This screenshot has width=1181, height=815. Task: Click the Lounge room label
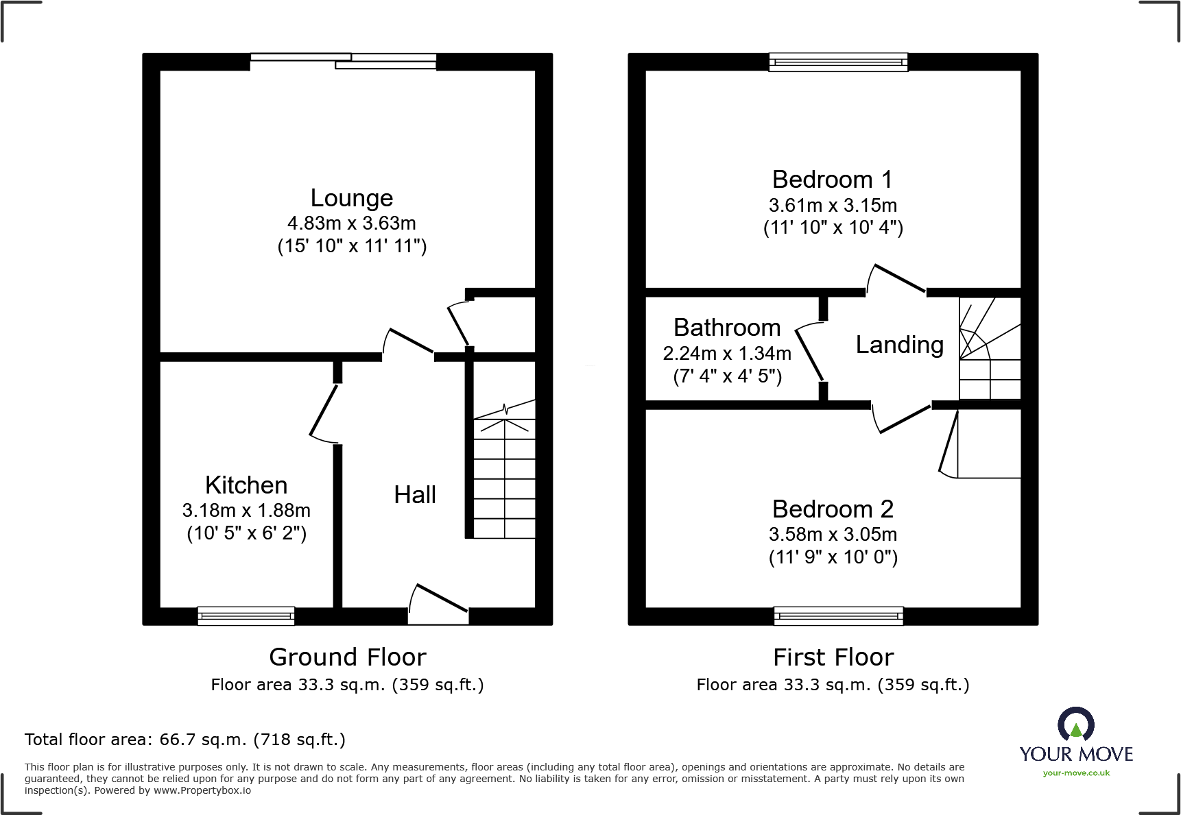click(x=351, y=198)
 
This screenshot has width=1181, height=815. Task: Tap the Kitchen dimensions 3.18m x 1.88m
click(x=246, y=511)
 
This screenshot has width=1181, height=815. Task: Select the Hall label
click(x=414, y=495)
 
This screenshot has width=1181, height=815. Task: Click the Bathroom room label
click(x=727, y=328)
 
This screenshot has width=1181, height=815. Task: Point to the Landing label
click(x=899, y=345)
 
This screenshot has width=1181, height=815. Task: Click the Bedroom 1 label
click(x=832, y=180)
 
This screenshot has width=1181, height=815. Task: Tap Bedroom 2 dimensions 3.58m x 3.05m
click(x=833, y=535)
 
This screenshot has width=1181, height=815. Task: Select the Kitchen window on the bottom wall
click(x=246, y=616)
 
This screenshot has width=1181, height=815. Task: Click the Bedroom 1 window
click(x=838, y=62)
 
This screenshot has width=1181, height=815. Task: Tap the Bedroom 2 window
click(x=838, y=616)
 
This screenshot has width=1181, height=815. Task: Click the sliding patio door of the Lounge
click(x=343, y=62)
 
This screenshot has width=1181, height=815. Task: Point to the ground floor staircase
click(x=504, y=473)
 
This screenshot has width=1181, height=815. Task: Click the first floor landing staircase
click(x=989, y=350)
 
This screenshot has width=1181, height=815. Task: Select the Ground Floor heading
click(x=347, y=657)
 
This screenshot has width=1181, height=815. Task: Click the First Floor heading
click(x=833, y=657)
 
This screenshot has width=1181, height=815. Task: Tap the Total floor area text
click(x=184, y=740)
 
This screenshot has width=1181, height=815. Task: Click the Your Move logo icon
click(x=1075, y=724)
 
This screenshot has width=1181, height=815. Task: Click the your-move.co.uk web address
click(x=1075, y=773)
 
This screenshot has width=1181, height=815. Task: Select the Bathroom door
click(x=809, y=355)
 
